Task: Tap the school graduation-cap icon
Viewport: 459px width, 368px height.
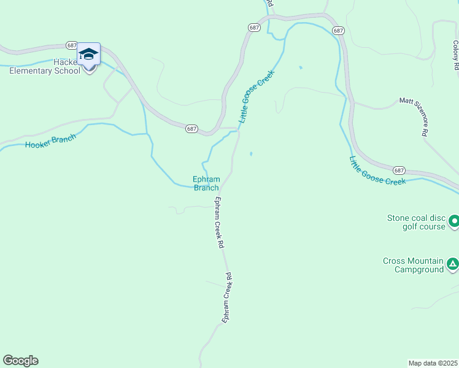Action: click(88, 55)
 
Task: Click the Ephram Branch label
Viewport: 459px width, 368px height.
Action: click(206, 183)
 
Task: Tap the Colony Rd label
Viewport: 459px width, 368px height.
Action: click(455, 54)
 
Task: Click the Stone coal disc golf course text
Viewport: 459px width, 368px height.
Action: click(415, 222)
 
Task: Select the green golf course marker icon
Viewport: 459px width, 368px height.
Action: click(454, 220)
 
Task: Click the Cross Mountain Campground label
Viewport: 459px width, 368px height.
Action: click(412, 265)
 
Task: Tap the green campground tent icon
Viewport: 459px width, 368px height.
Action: click(452, 264)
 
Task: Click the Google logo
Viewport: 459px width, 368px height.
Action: click(20, 361)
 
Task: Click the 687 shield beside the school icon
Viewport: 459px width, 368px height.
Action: click(72, 46)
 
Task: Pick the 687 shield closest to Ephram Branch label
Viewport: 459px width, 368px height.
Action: click(192, 128)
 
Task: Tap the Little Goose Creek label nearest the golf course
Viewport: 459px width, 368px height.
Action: click(377, 172)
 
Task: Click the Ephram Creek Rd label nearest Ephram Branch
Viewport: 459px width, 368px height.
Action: click(218, 222)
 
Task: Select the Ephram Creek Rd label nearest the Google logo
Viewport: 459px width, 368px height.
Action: click(228, 297)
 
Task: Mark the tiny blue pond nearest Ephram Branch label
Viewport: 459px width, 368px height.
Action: click(250, 154)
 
